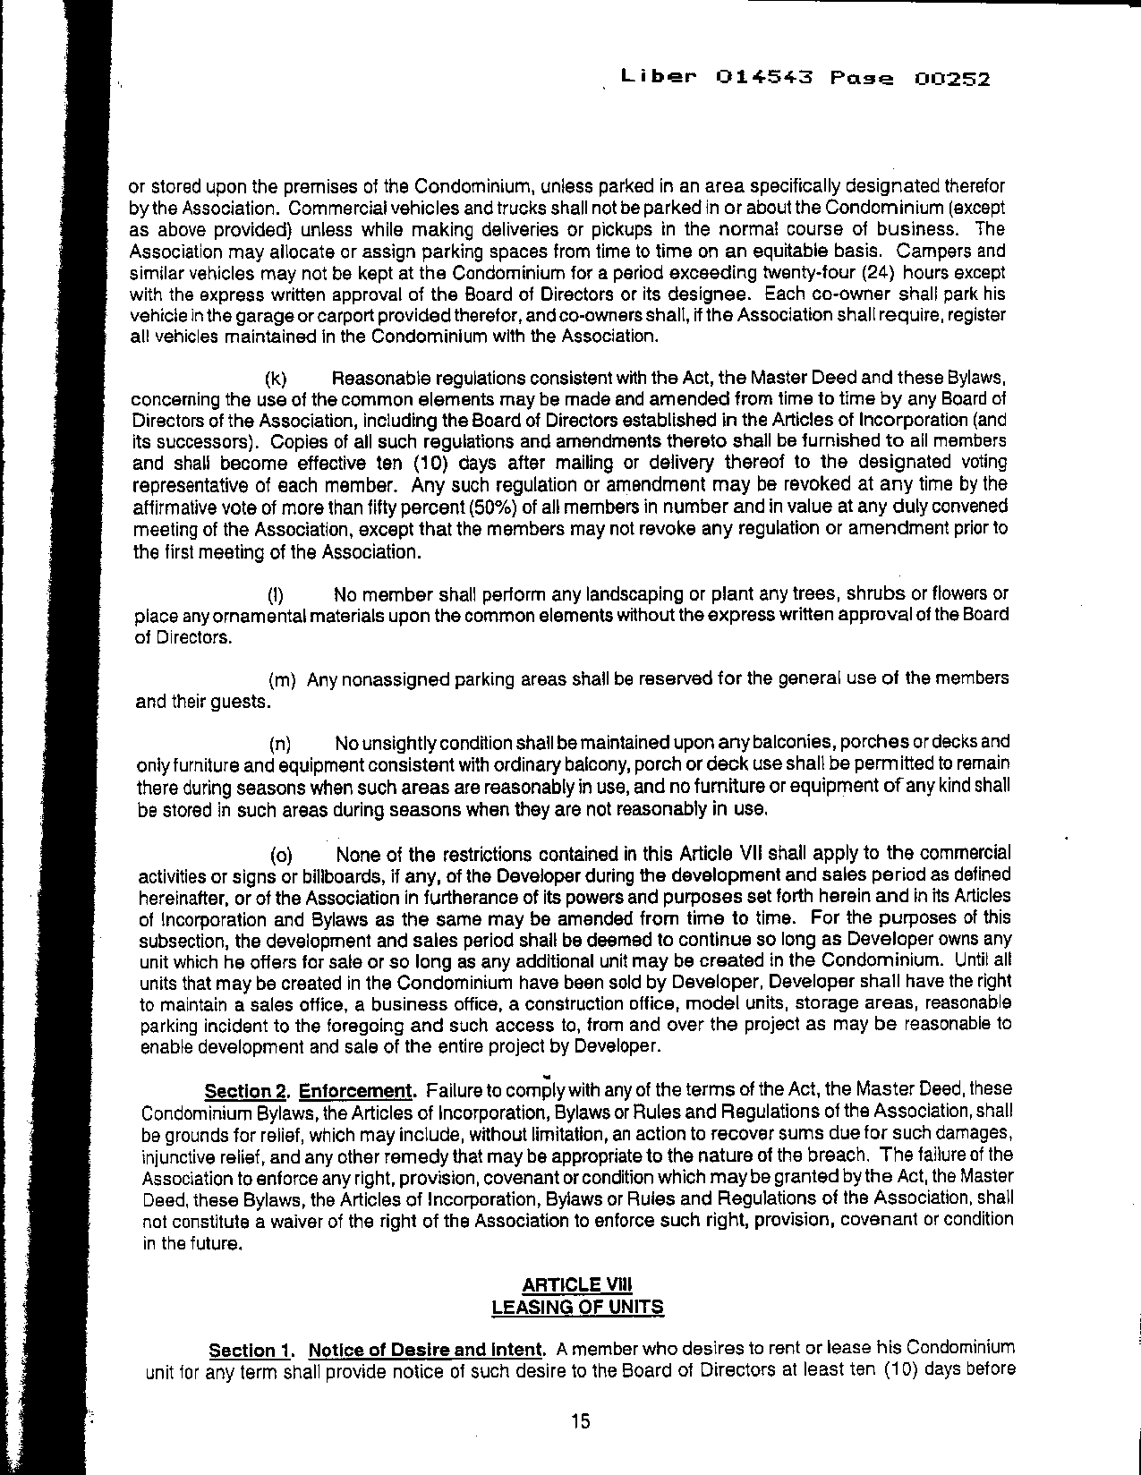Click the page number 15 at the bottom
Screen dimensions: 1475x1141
(x=580, y=1420)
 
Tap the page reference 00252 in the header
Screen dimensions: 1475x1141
(x=953, y=79)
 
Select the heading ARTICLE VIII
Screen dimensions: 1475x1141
(x=577, y=1285)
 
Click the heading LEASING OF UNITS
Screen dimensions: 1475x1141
(x=578, y=1307)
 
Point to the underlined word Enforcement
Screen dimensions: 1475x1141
(x=355, y=1091)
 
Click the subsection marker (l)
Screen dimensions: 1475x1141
(x=277, y=595)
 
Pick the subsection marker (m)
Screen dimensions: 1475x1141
(x=283, y=680)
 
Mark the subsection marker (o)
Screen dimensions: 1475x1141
(x=280, y=856)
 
